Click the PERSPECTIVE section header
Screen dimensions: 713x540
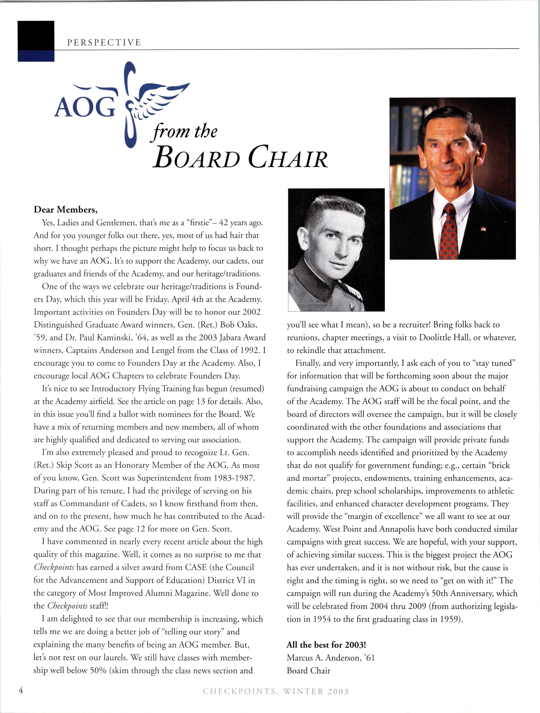pos(104,43)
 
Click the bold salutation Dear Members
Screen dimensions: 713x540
pos(66,210)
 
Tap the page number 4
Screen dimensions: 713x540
pos(21,690)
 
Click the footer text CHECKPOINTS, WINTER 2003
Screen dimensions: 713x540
pos(276,691)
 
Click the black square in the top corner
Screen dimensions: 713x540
pos(36,35)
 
